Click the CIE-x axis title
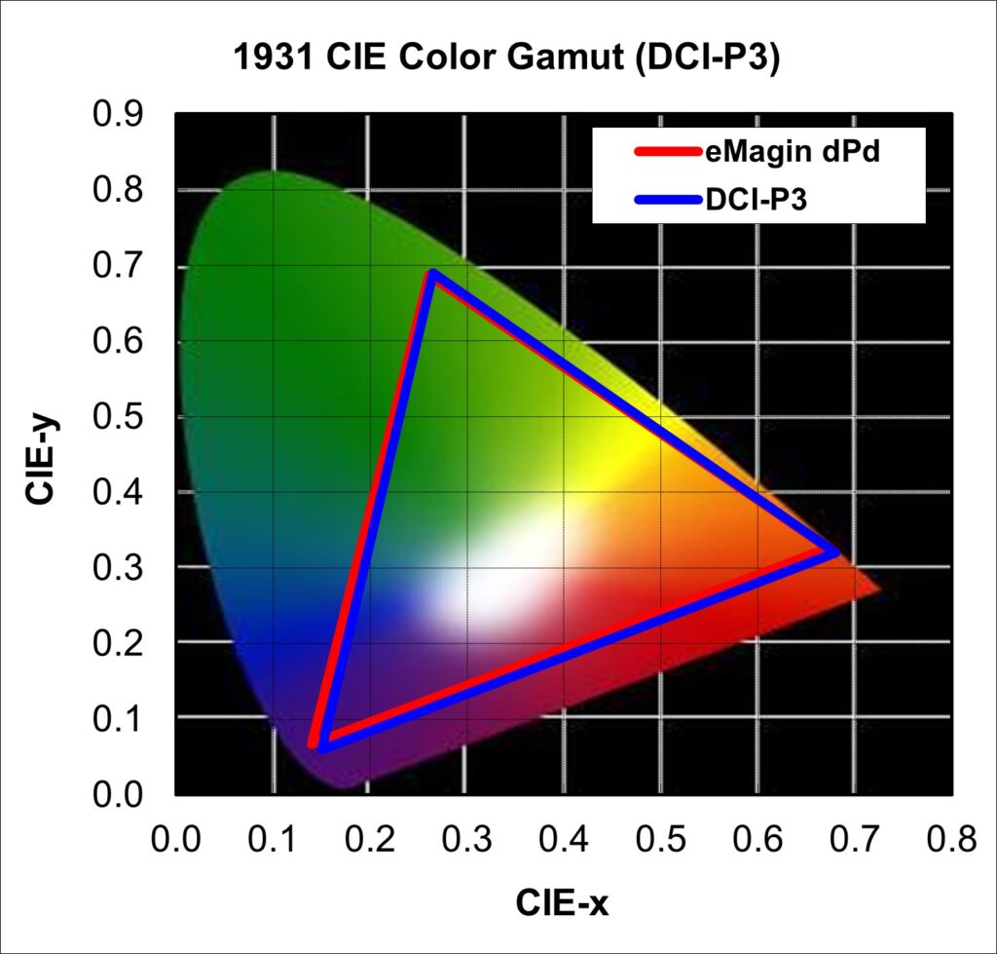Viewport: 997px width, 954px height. click(x=562, y=903)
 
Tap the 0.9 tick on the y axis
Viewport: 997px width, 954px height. click(x=119, y=114)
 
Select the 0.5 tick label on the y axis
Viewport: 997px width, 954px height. click(x=119, y=416)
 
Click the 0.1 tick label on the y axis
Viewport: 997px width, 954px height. click(x=119, y=718)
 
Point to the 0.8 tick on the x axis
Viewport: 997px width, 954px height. click(x=950, y=839)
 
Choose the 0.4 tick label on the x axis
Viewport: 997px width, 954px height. click(x=563, y=839)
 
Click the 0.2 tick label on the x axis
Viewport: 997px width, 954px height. click(x=369, y=839)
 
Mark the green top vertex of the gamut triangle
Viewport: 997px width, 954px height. click(x=433, y=274)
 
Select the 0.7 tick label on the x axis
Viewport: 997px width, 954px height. click(x=854, y=839)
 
